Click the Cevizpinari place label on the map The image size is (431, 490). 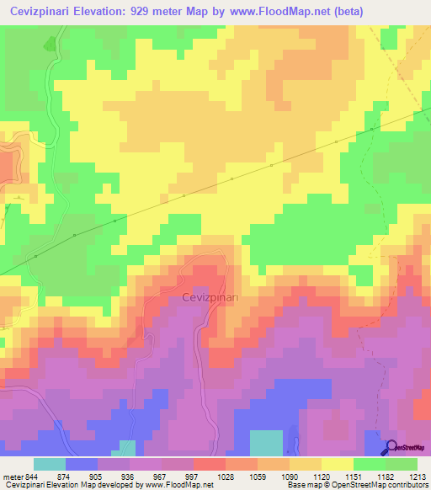tap(210, 297)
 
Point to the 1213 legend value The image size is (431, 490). tap(417, 477)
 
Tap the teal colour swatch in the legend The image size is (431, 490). tap(50, 464)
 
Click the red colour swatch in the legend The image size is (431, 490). tap(210, 464)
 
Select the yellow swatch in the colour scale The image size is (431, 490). tap(338, 464)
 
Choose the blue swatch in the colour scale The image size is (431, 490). tap(82, 464)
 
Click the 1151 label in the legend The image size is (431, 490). tap(355, 477)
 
